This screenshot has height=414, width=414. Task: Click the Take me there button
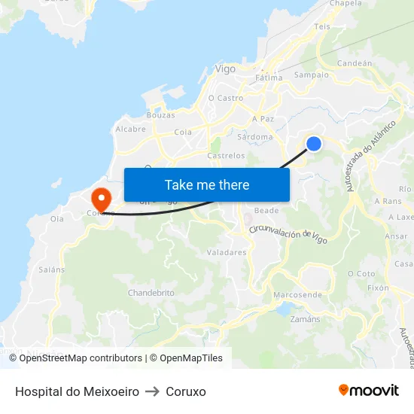tap(207, 184)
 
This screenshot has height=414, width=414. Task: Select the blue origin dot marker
tap(314, 143)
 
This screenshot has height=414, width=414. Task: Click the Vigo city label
tap(225, 68)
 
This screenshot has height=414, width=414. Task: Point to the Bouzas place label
tap(161, 115)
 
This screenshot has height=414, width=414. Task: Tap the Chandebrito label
tap(151, 292)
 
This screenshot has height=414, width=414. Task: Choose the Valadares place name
tap(226, 253)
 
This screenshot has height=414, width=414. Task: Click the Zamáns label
tap(304, 319)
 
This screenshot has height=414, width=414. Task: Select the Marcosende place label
tap(297, 294)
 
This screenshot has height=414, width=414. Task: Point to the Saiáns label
tap(52, 269)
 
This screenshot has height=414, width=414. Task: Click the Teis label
tap(322, 26)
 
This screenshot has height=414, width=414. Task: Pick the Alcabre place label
tap(130, 129)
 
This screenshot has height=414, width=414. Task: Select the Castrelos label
tap(226, 156)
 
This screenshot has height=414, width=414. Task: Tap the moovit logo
tap(368, 390)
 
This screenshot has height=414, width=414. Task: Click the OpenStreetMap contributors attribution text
tap(81, 358)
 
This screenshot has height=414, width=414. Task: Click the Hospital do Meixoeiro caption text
tap(77, 392)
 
